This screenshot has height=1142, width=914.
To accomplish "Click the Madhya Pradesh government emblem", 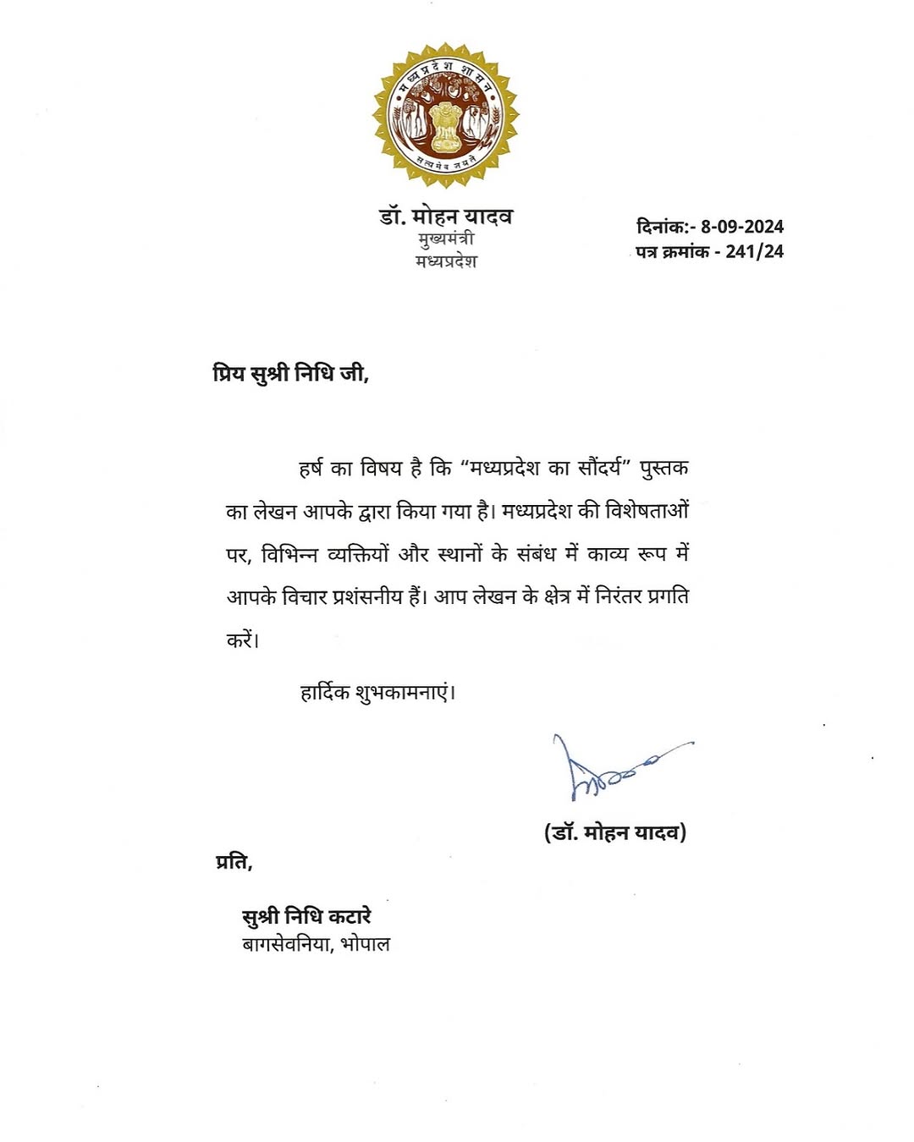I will [445, 115].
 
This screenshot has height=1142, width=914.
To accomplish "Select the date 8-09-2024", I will [741, 227].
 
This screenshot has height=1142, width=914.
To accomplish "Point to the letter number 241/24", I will [754, 251].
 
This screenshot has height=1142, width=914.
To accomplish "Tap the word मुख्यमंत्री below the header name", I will [446, 239].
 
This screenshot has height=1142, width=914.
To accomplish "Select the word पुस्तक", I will [663, 469].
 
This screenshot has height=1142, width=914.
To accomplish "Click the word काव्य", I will [608, 554].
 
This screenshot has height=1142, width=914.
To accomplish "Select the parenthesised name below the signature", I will [614, 832].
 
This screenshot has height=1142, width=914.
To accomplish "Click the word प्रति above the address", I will [233, 862].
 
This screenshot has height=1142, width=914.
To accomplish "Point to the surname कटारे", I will [350, 916].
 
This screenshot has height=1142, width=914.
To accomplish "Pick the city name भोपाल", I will [365, 944].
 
